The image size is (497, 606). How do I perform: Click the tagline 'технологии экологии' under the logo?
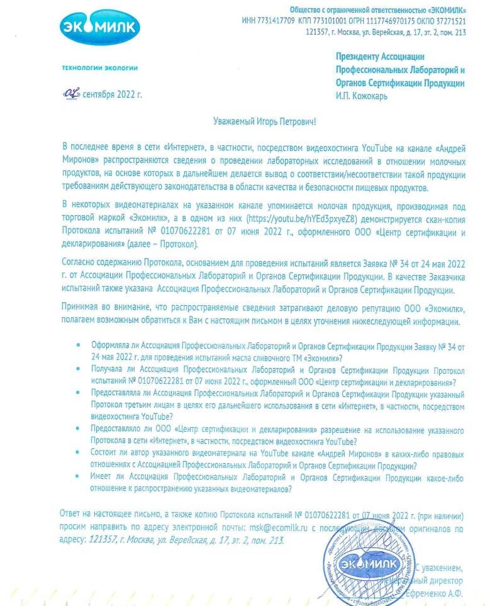point(99,67)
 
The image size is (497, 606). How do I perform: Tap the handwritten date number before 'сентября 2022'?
point(70,94)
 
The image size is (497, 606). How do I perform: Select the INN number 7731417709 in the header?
point(276,21)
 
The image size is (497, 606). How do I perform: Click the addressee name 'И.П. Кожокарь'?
point(362,96)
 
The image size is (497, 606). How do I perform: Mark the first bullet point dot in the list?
point(77,347)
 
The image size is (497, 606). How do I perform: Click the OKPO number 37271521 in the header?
point(451,21)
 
